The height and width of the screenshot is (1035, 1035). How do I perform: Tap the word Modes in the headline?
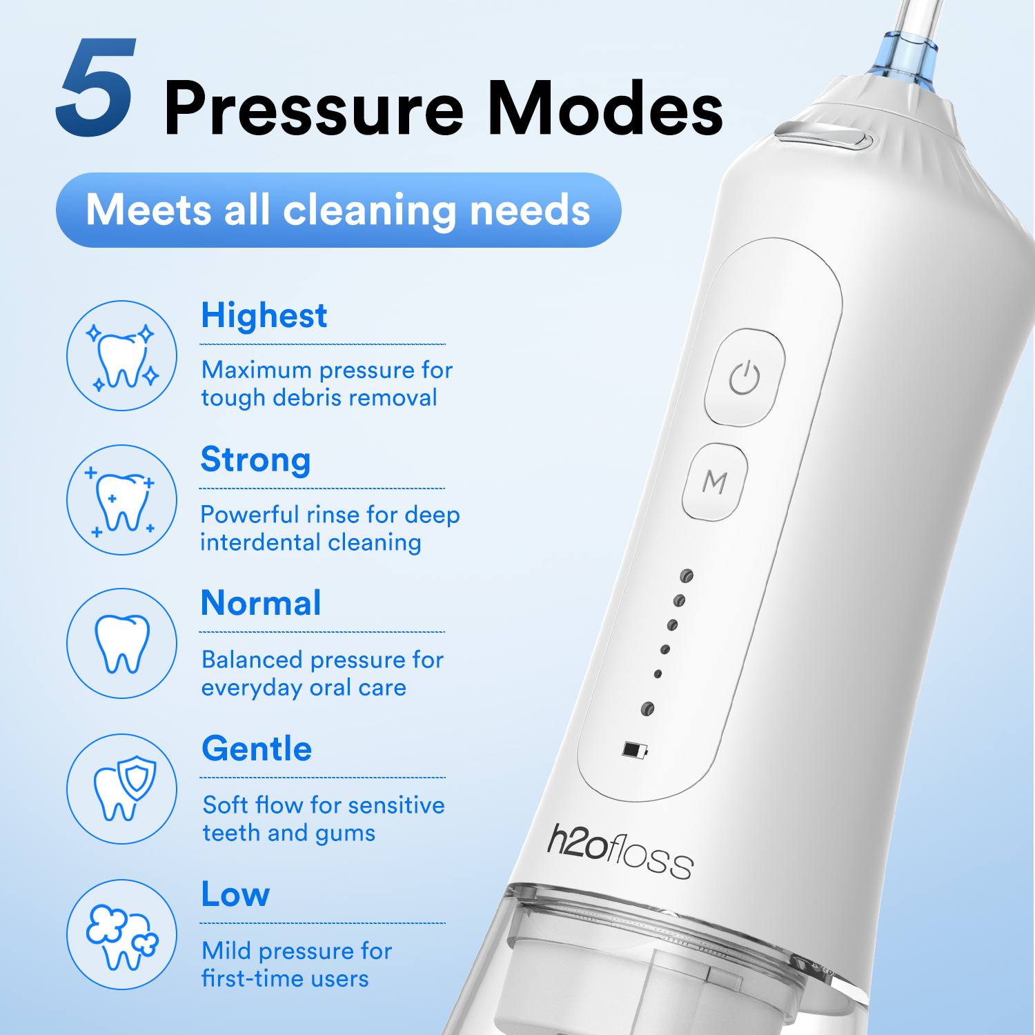(x=605, y=108)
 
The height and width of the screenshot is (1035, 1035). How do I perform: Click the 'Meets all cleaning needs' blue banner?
(x=338, y=210)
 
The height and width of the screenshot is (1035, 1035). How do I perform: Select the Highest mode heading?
(x=264, y=316)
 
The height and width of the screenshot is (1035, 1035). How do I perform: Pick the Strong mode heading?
(x=255, y=460)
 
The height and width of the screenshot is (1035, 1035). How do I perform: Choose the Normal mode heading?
(x=261, y=603)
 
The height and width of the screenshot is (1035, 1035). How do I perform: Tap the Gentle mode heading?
(x=257, y=749)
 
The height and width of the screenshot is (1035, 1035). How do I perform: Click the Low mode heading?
(x=235, y=894)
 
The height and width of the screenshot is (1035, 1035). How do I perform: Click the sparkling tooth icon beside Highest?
(x=122, y=356)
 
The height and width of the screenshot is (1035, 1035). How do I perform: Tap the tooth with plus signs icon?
(x=122, y=500)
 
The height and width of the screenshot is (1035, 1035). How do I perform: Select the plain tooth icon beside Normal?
(x=122, y=643)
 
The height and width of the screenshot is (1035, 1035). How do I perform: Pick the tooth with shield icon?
(x=122, y=789)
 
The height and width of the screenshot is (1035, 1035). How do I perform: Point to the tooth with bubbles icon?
(x=122, y=934)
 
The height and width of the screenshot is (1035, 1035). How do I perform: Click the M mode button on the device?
(x=715, y=482)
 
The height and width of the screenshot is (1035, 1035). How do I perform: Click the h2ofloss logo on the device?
(x=620, y=851)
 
